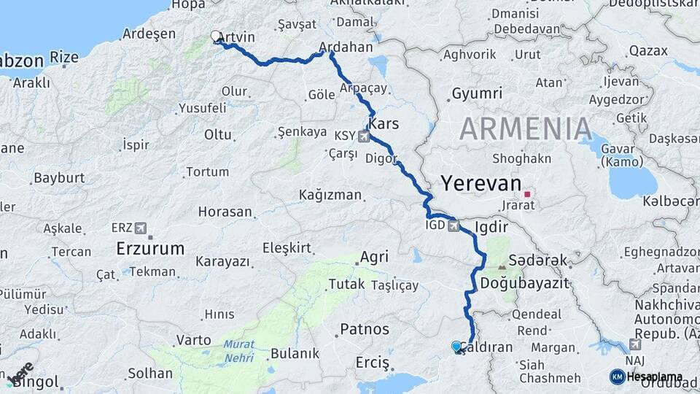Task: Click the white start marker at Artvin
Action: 216,35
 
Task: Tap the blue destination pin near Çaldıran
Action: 457,347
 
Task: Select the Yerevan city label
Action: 482,183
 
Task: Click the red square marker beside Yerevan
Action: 527,194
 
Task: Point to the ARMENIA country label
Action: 526,129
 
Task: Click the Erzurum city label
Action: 150,249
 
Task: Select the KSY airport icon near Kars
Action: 363,136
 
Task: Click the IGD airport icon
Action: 455,227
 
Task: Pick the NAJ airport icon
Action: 634,344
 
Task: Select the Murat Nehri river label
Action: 239,350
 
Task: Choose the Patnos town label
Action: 365,329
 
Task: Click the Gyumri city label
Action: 477,93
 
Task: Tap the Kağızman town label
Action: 330,195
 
